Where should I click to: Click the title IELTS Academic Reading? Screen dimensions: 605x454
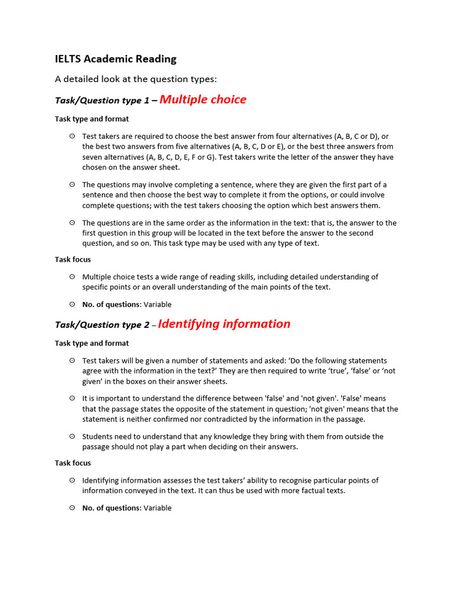point(115,59)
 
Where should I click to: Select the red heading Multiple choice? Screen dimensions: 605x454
point(203,100)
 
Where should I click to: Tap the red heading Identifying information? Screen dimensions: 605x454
point(224,324)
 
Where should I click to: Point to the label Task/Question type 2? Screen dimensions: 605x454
point(102,325)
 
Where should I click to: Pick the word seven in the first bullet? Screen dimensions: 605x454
point(93,157)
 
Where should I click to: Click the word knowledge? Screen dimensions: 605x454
point(236,437)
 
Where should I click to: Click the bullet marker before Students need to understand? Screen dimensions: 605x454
point(72,436)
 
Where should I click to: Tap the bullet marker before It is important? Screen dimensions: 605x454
point(72,398)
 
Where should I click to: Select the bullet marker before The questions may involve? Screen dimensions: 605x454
point(72,184)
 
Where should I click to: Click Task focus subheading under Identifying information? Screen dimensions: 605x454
point(73,463)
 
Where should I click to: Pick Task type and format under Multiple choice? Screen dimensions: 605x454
point(92,119)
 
